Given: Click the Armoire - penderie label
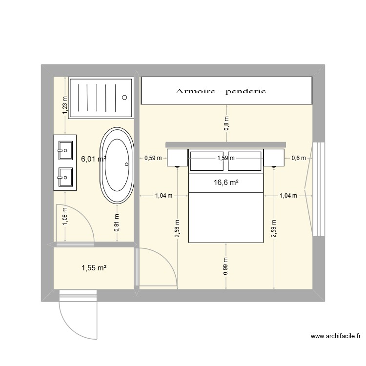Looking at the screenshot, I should (221, 91).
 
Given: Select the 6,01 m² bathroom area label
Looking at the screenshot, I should (94, 159).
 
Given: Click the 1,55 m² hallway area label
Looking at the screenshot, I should (94, 268).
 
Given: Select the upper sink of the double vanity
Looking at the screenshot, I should (65, 150).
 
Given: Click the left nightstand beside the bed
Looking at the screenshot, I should (176, 158).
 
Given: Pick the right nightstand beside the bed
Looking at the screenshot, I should (274, 158).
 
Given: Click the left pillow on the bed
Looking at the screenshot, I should (207, 162).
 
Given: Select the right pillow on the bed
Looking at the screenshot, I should (244, 162).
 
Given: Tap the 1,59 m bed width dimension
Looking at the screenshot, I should (225, 158).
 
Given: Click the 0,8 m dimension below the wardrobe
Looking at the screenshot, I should (225, 123).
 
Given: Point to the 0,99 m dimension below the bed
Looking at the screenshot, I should (225, 266).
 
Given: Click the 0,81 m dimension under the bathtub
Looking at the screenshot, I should (117, 222).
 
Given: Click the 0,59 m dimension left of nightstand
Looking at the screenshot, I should (152, 158).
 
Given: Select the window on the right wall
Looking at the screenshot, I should (318, 189).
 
